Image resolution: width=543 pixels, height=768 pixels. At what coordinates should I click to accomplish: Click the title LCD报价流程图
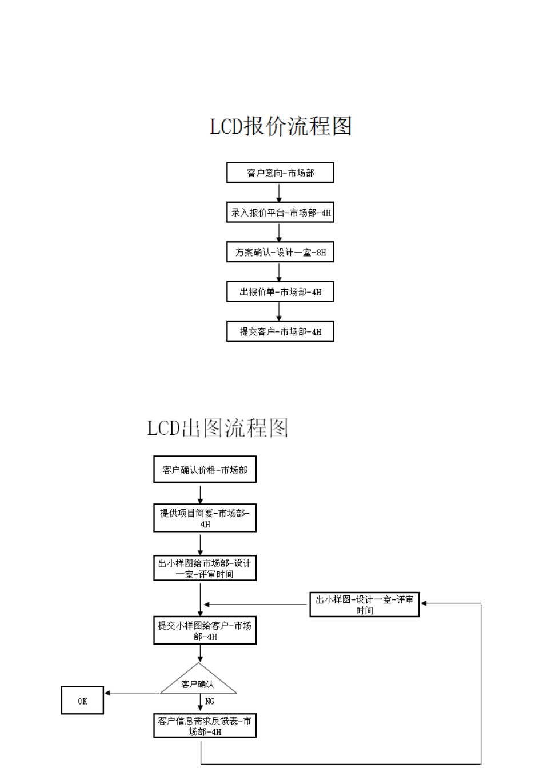[x=281, y=126]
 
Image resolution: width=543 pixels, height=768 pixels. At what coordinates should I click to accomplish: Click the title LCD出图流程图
[x=218, y=427]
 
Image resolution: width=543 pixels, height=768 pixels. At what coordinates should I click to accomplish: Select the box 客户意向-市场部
[x=280, y=173]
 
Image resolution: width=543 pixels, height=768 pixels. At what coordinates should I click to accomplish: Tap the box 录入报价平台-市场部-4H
[x=280, y=213]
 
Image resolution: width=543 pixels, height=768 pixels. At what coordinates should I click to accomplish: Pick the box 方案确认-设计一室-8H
[x=280, y=252]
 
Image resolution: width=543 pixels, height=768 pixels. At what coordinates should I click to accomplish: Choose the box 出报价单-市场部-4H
[x=280, y=292]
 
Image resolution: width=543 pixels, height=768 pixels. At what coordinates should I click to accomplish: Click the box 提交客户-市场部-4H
[x=280, y=331]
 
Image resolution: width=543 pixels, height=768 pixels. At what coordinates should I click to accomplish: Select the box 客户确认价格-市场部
[x=205, y=470]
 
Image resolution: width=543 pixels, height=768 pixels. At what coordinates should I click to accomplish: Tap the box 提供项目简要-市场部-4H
[x=205, y=518]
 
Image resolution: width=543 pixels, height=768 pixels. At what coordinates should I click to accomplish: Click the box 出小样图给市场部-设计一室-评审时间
[x=205, y=568]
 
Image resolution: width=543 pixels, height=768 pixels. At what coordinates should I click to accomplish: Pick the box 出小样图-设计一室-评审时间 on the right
[x=365, y=605]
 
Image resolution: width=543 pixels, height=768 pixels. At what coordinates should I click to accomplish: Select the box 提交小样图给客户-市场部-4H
[x=205, y=630]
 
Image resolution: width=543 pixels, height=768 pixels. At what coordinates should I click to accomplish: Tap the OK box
[x=82, y=701]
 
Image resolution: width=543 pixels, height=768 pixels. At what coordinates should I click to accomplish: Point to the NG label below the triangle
[x=209, y=701]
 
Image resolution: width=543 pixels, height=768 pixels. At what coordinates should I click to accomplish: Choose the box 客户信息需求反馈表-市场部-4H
[x=205, y=726]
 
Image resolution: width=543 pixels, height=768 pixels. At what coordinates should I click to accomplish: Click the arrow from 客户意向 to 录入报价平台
[x=280, y=193]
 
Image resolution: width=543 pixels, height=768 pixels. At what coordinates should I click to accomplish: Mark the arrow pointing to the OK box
[x=131, y=693]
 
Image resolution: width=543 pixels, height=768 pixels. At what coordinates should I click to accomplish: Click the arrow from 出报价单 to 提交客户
[x=280, y=311]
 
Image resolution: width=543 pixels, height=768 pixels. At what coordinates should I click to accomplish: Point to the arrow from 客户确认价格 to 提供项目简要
[x=201, y=493]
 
